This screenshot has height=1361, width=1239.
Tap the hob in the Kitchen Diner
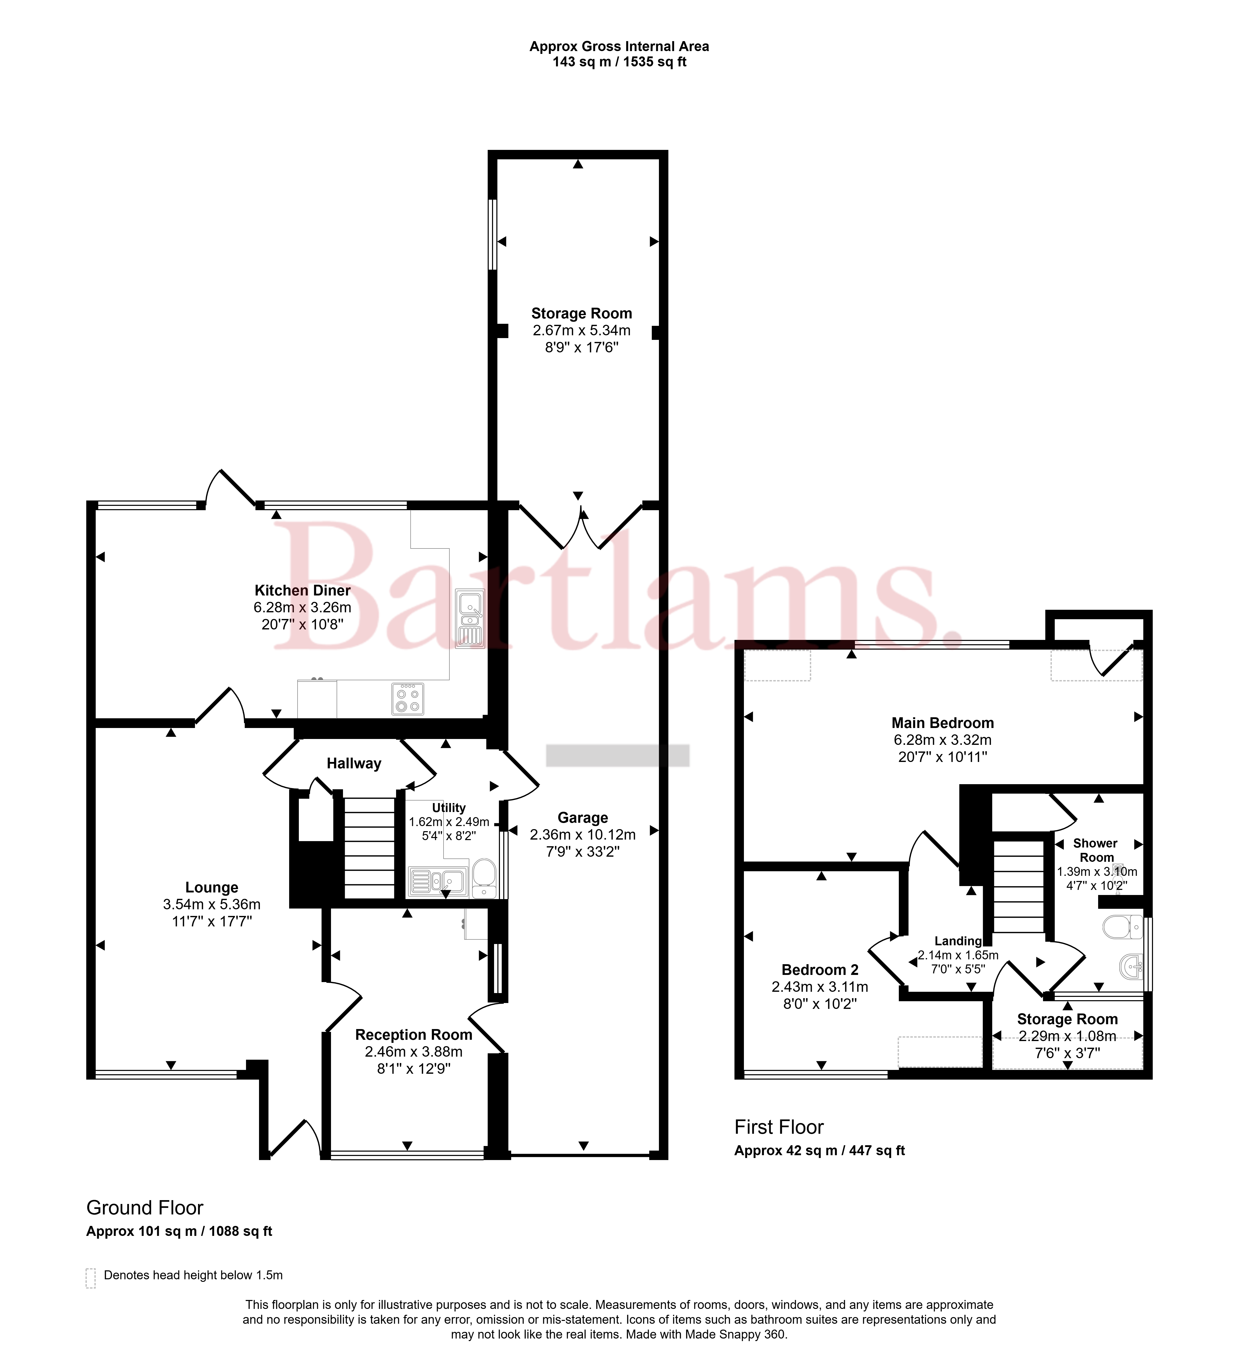point(408,699)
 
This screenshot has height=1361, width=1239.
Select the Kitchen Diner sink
point(470,618)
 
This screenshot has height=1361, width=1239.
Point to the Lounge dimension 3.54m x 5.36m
point(212,904)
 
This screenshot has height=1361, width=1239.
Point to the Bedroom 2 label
point(820,970)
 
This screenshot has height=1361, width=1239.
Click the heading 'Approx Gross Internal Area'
point(619,46)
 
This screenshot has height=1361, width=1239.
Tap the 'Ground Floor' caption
point(144,1207)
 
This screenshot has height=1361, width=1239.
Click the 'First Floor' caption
point(779,1127)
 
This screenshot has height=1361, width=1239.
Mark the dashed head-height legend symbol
point(90,1278)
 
